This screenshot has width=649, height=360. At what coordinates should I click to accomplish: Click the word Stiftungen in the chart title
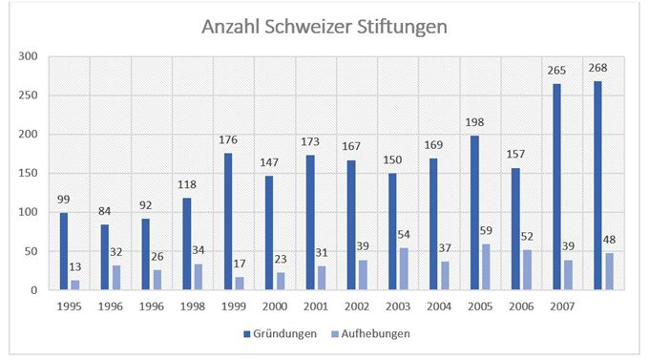coord(402,28)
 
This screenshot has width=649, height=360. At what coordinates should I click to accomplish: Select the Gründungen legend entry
coord(281,334)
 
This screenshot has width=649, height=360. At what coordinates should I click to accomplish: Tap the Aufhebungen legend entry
coord(371,334)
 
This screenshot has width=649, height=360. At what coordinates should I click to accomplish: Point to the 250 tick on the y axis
coord(28,95)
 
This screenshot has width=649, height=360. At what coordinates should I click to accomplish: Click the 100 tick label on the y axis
coord(28,212)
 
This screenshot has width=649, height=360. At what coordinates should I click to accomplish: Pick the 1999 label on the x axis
coord(234,307)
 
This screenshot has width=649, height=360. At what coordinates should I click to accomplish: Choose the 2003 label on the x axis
coord(398,307)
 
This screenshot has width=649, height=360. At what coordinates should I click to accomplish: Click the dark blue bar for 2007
coord(556,187)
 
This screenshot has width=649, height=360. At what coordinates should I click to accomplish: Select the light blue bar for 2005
coord(486,266)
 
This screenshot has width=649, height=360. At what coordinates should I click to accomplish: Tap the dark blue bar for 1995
coord(64,251)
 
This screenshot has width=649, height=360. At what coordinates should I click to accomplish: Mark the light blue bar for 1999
coord(240,283)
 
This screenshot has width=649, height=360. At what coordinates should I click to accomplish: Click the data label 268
coord(597,68)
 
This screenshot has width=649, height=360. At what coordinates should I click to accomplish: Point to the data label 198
coord(474,122)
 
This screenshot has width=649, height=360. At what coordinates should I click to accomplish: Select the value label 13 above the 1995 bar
coord(74,267)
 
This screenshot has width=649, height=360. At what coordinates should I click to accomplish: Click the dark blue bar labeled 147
coord(269,233)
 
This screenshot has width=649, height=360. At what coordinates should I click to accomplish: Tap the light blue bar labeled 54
coord(404,269)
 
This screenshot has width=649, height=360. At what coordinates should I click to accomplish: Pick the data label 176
coord(228,140)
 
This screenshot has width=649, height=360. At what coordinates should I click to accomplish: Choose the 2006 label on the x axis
coord(521,307)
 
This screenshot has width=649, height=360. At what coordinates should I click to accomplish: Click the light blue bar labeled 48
coord(609,271)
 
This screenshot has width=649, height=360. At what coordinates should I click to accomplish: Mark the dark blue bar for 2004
coord(433,224)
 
